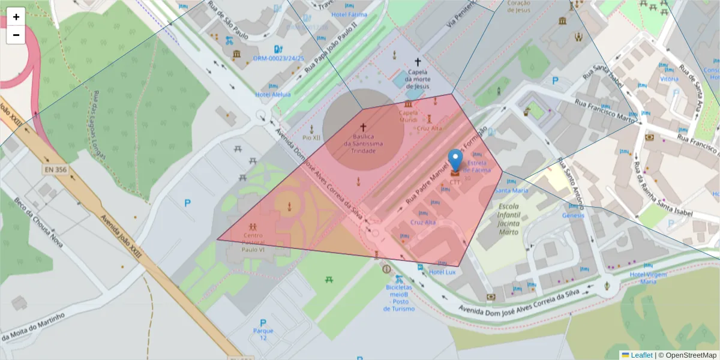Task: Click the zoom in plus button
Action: (16, 17)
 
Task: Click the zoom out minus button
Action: (16, 35)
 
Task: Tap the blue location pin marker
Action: (456, 161)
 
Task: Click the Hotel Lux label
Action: (443, 272)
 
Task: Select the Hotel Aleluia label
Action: (272, 94)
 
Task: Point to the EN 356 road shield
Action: (55, 170)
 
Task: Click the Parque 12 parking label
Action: (263, 334)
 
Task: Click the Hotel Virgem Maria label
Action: (647, 277)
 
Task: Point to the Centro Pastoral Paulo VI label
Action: (253, 242)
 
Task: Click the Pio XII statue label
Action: (311, 137)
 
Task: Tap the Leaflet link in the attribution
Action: (641, 355)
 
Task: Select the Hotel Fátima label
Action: (349, 14)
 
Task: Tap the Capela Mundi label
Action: (408, 116)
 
